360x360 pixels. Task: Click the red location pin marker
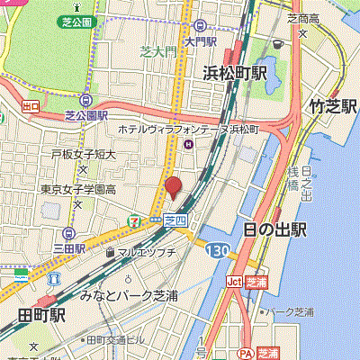[x=172, y=189]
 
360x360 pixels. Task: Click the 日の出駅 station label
[x=274, y=229]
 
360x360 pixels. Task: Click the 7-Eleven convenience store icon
[x=134, y=217]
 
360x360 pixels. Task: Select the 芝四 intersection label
[x=175, y=218]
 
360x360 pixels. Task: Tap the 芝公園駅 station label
[x=85, y=116]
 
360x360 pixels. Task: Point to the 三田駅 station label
[x=68, y=247]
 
